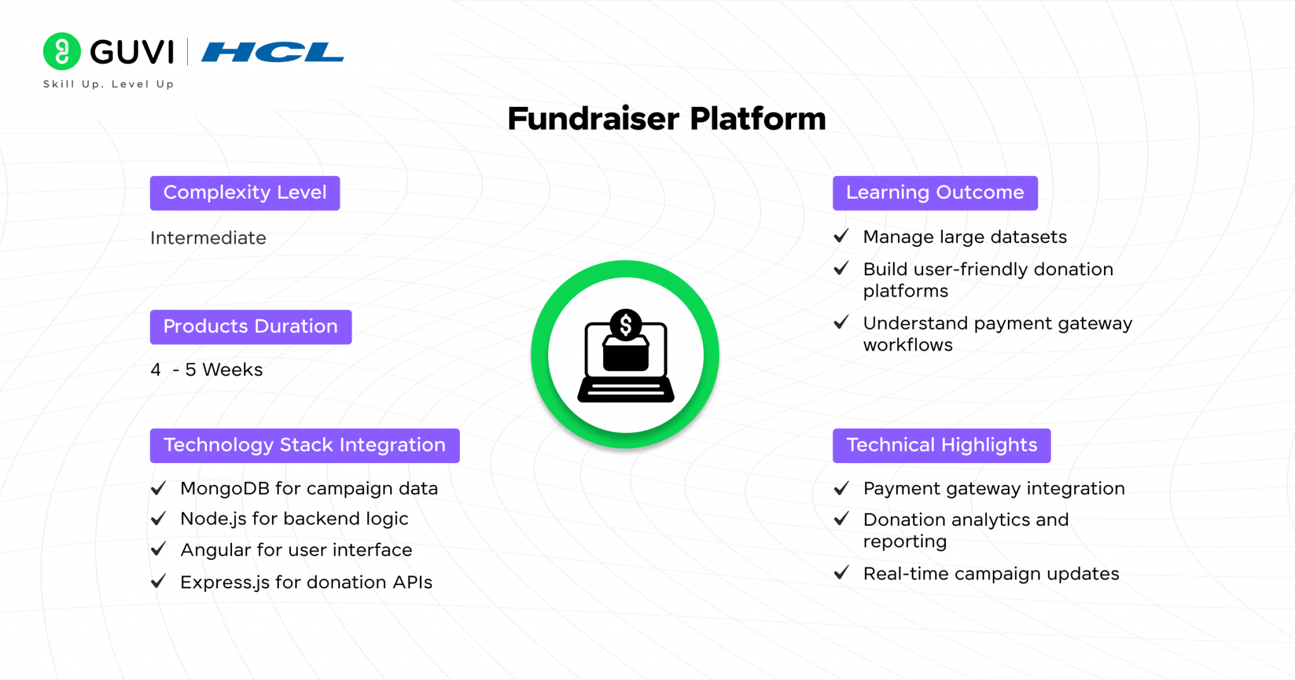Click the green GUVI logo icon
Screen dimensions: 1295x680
[x=62, y=51]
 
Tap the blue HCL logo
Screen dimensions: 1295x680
[x=273, y=52]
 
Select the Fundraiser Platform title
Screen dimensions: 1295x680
[x=666, y=119]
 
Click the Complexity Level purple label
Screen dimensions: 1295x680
[x=245, y=193]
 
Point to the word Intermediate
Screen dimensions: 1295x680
[x=208, y=238]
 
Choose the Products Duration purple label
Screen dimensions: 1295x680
[x=250, y=327]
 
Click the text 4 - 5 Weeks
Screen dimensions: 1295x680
[x=206, y=369]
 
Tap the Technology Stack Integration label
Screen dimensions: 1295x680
[x=305, y=446]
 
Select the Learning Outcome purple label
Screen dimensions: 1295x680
[x=935, y=193]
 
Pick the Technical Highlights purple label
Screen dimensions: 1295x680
[x=942, y=446]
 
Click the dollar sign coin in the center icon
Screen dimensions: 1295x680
[x=626, y=325]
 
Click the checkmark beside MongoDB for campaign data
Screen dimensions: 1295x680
[x=158, y=488]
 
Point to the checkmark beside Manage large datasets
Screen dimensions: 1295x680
[x=841, y=236]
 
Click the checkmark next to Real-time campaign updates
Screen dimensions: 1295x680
[x=841, y=573]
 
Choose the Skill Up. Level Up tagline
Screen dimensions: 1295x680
[x=108, y=84]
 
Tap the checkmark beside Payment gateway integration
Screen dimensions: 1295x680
[x=841, y=488]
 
